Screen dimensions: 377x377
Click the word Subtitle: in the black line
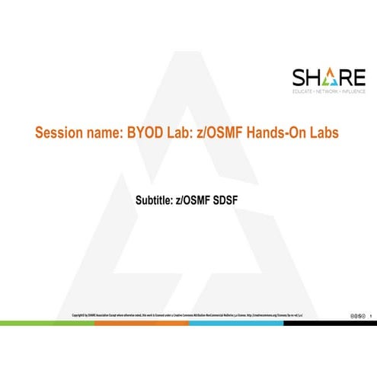[155, 201]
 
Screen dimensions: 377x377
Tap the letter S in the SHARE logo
[299, 78]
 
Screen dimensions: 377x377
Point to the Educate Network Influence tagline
[329, 91]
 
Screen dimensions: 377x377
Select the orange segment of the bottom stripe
[141, 323]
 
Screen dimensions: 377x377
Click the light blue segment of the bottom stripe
[235, 323]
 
